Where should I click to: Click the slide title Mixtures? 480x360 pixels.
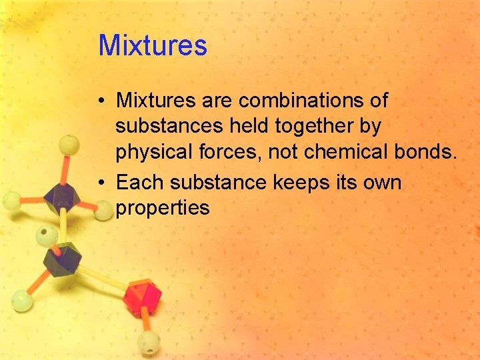(153, 46)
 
